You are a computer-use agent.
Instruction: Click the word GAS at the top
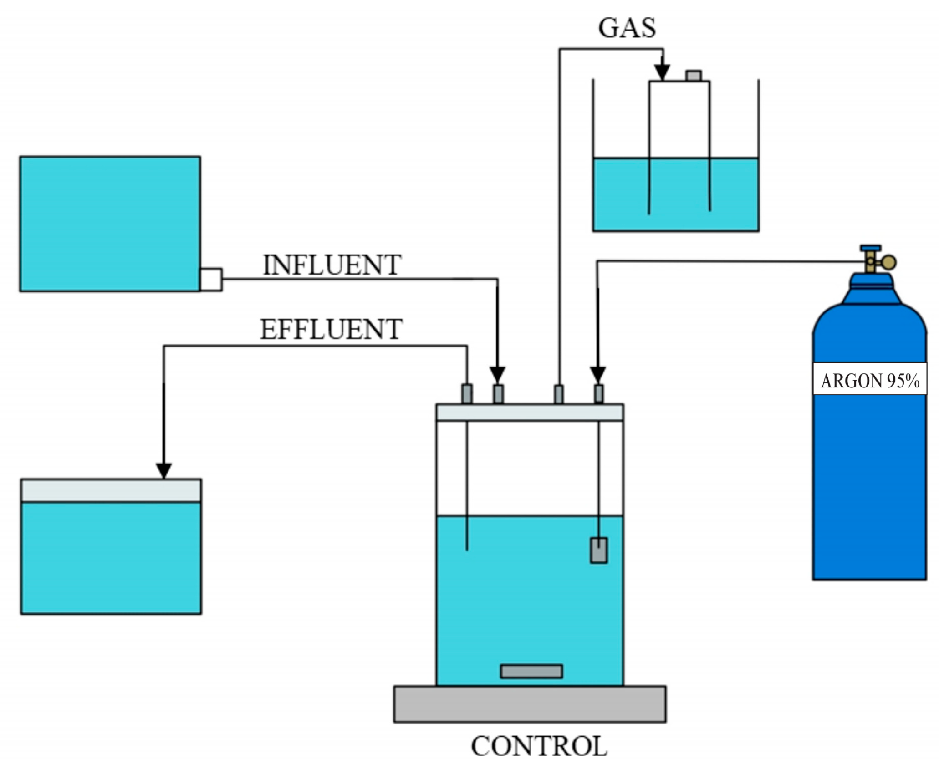point(627,28)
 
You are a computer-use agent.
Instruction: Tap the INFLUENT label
point(332,265)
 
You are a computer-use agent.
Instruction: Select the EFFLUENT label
point(331,329)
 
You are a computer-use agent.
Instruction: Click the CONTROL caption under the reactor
point(539,746)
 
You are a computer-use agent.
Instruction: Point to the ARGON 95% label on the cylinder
point(869,381)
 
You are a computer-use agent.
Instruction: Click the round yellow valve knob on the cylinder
point(888,262)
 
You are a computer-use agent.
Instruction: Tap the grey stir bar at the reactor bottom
point(531,671)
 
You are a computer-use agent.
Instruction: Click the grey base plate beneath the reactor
point(530,704)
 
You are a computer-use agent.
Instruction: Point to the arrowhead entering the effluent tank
point(163,470)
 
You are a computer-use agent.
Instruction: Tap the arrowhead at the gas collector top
point(662,72)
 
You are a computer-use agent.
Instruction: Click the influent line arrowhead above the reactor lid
point(498,375)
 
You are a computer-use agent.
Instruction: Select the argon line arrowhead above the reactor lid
point(597,375)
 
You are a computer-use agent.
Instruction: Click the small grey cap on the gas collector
point(694,76)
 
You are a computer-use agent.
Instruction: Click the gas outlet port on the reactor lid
point(559,394)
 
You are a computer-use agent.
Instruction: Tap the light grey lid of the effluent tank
point(111,490)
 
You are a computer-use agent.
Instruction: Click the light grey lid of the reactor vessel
point(530,412)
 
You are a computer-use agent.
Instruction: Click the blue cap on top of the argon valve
point(870,248)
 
